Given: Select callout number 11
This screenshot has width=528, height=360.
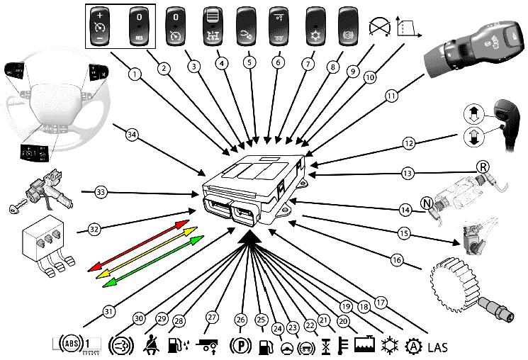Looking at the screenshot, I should click(390, 94).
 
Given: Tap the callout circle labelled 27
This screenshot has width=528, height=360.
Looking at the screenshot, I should click(210, 317).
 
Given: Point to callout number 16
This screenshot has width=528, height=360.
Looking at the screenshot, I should click(397, 261).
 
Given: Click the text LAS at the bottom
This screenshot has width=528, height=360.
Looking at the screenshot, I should click(439, 348).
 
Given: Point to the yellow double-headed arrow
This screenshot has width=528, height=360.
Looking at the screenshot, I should click(145, 254).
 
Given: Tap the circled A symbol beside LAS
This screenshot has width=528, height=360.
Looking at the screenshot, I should click(412, 347).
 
